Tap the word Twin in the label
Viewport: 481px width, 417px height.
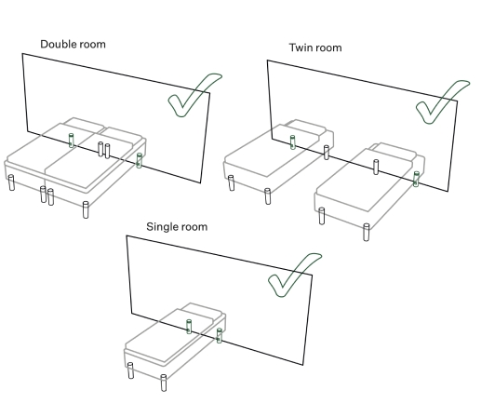click(x=300, y=47)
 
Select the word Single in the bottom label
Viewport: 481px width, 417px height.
click(x=162, y=227)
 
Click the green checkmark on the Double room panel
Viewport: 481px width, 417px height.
click(x=194, y=95)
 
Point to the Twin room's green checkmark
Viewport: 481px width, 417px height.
click(x=442, y=101)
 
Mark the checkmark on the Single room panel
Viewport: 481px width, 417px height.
click(x=294, y=275)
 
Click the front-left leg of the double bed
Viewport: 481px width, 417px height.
click(x=11, y=182)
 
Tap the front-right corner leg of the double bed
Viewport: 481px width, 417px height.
click(x=86, y=209)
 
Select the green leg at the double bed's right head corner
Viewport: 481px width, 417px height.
click(x=140, y=160)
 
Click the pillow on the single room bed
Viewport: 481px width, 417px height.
click(x=202, y=311)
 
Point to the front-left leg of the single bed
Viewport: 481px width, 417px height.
click(x=130, y=370)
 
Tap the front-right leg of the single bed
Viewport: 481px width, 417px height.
click(x=164, y=383)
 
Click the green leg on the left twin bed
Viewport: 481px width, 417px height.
click(x=292, y=142)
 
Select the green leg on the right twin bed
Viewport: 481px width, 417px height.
click(x=416, y=179)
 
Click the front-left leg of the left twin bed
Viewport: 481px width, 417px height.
click(x=231, y=183)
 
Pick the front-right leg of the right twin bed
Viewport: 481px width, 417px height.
click(x=367, y=232)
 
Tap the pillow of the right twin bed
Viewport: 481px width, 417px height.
click(x=394, y=151)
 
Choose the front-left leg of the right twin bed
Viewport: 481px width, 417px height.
click(x=322, y=216)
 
